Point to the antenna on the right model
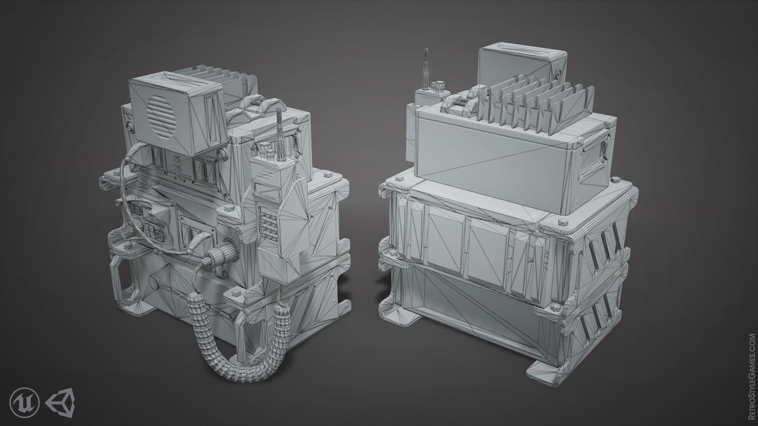pyautogui.click(x=426, y=69)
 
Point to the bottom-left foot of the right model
pyautogui.click(x=399, y=312)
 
